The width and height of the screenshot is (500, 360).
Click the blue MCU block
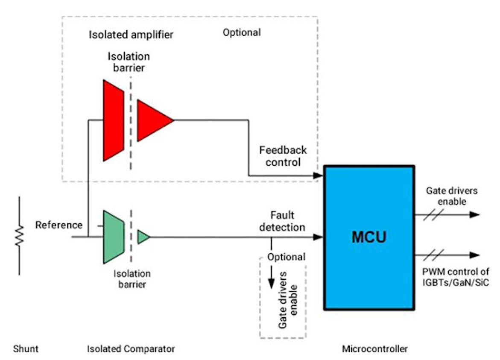tap(369, 237)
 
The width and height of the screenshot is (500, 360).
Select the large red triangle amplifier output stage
tap(152, 120)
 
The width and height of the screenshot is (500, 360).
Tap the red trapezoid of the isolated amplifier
tap(113, 120)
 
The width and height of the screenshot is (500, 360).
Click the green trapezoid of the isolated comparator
tap(113, 237)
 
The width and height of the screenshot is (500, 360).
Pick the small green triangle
tap(143, 237)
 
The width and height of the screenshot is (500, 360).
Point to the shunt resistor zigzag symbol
tap(19, 236)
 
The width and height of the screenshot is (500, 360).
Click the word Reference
tap(58, 225)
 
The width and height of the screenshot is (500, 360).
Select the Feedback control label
tap(283, 156)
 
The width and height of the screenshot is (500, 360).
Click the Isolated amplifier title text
tap(131, 35)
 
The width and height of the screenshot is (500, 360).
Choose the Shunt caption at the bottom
tap(25, 349)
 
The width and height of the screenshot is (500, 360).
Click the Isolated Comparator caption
tap(131, 349)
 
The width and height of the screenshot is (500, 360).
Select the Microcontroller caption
tap(374, 349)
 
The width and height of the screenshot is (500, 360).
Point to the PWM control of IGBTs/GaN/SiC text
tap(456, 277)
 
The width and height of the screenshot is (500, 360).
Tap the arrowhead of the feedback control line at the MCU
tap(318, 175)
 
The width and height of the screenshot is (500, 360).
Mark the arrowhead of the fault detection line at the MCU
tap(318, 237)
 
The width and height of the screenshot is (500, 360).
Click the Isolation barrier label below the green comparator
tap(132, 278)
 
